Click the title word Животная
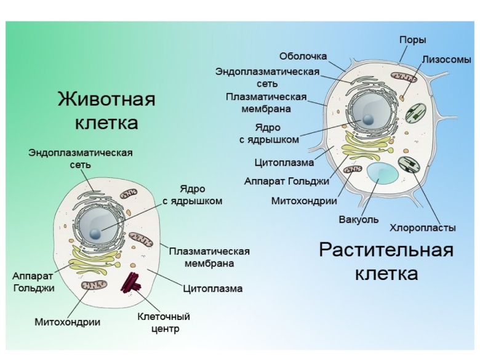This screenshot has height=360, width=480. (106, 99)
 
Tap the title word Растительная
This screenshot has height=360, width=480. (386, 250)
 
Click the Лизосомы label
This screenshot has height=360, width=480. (446, 60)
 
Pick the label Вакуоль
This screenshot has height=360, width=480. (359, 219)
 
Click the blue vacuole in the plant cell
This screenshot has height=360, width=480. (383, 175)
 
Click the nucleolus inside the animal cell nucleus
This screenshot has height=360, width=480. (95, 233)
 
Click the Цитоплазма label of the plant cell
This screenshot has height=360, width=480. (284, 163)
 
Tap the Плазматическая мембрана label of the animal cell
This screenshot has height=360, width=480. (209, 257)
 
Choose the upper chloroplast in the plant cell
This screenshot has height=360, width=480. (418, 113)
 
